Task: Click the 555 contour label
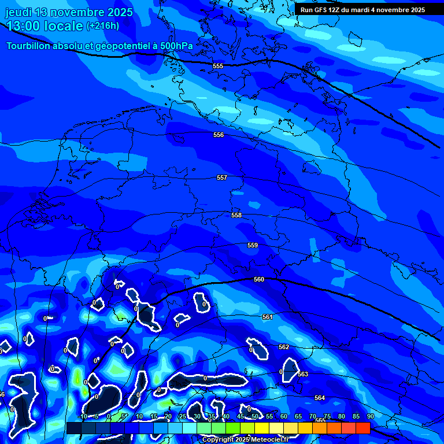coord(218,66)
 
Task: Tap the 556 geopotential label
coord(219,135)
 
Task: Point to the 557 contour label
coord(222,177)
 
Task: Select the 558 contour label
coord(236,215)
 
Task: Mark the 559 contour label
coord(253,245)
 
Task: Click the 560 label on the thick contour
coord(259,279)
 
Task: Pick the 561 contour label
coord(267,317)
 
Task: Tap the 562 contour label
coord(284,347)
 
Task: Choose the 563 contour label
coord(303,374)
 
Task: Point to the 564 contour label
coord(320,398)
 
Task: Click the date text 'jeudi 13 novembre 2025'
coord(69,12)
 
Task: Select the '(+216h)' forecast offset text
coord(103,25)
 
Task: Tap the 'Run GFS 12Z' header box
coord(362,9)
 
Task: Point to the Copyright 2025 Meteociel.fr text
coord(245,439)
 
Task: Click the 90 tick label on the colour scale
coord(371,416)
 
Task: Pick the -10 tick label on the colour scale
coord(83,416)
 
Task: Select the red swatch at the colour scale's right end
coord(363,428)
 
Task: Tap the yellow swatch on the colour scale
coord(262,428)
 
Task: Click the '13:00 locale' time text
coord(45,25)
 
